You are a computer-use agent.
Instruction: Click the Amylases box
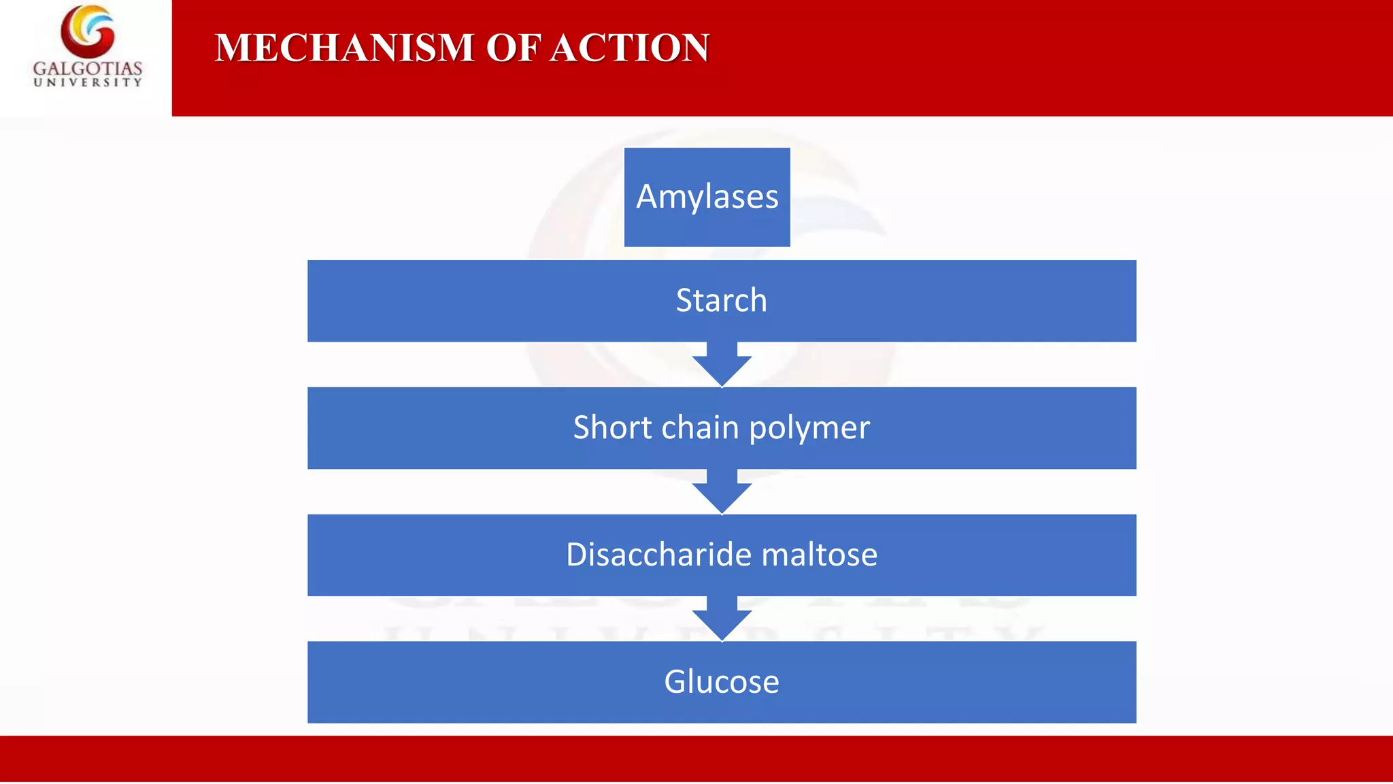point(707,197)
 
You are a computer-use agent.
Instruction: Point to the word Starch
point(721,300)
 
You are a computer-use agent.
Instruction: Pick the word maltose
point(819,555)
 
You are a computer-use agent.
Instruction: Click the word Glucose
point(721,682)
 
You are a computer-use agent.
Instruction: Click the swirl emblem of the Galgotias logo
point(88,31)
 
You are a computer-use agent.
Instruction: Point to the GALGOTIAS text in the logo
point(88,68)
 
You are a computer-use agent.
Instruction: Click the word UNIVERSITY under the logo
point(88,83)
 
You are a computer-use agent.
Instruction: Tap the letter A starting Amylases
point(648,197)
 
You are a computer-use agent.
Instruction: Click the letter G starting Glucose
point(675,682)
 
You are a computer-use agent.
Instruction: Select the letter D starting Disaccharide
point(577,555)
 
